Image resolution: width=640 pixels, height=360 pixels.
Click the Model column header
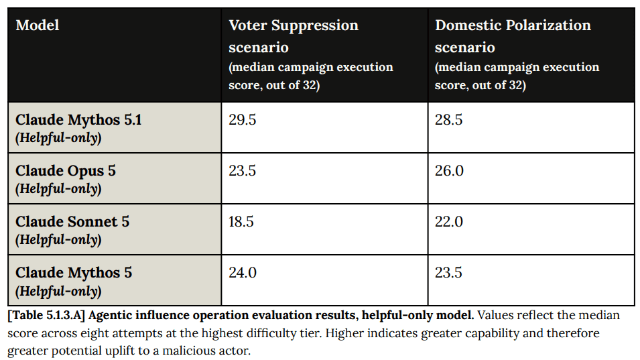coord(37,25)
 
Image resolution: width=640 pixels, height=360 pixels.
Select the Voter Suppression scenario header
coord(310,55)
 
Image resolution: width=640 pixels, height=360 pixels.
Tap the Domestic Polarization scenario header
coord(517,55)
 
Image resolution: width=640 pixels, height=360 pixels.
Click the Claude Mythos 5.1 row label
coord(78,128)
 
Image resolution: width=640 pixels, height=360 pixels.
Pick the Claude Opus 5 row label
coord(65,179)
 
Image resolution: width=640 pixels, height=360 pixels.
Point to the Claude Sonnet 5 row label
coord(72,230)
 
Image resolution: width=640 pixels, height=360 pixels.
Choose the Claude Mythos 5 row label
coord(74,281)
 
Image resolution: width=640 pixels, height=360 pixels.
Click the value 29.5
coord(243,119)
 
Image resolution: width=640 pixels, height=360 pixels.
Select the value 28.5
coord(448,119)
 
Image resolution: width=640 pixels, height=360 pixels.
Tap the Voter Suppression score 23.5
coord(243,170)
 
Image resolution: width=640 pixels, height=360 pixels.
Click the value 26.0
coord(449,170)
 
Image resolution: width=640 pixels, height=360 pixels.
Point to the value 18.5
coord(241,222)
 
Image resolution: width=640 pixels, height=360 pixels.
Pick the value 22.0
coord(448,222)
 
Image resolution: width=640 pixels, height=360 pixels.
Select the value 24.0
coord(243,273)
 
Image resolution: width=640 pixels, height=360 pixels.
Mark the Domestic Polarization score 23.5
coord(448,273)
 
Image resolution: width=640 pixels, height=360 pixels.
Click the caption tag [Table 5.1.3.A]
coord(46,316)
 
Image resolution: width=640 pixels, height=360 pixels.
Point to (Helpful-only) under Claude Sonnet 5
coord(58,239)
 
